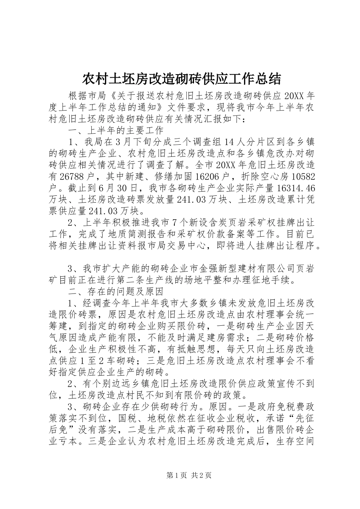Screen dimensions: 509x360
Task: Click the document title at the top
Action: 182,79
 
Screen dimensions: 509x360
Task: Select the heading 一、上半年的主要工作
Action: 116,130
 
